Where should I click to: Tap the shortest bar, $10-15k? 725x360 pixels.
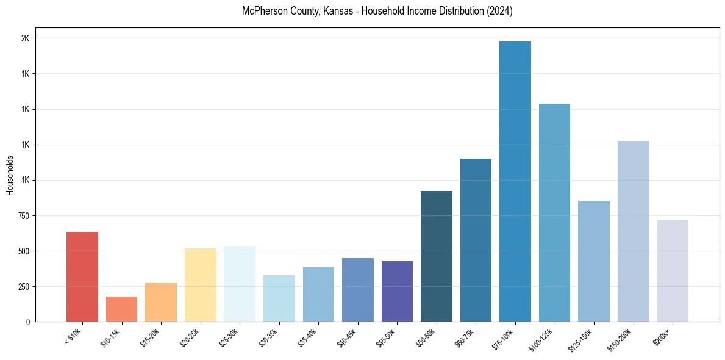tap(121, 309)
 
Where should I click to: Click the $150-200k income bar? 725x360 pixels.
tap(633, 231)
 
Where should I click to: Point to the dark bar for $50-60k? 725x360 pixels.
tap(436, 256)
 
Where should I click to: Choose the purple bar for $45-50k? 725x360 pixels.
tap(397, 291)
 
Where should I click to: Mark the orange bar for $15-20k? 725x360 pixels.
tap(161, 301)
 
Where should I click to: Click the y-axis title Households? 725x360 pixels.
tap(10, 175)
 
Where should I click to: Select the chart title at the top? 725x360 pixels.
tap(377, 11)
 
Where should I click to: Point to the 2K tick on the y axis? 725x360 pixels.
tap(25, 38)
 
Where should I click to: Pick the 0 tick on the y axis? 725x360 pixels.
tap(28, 322)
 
